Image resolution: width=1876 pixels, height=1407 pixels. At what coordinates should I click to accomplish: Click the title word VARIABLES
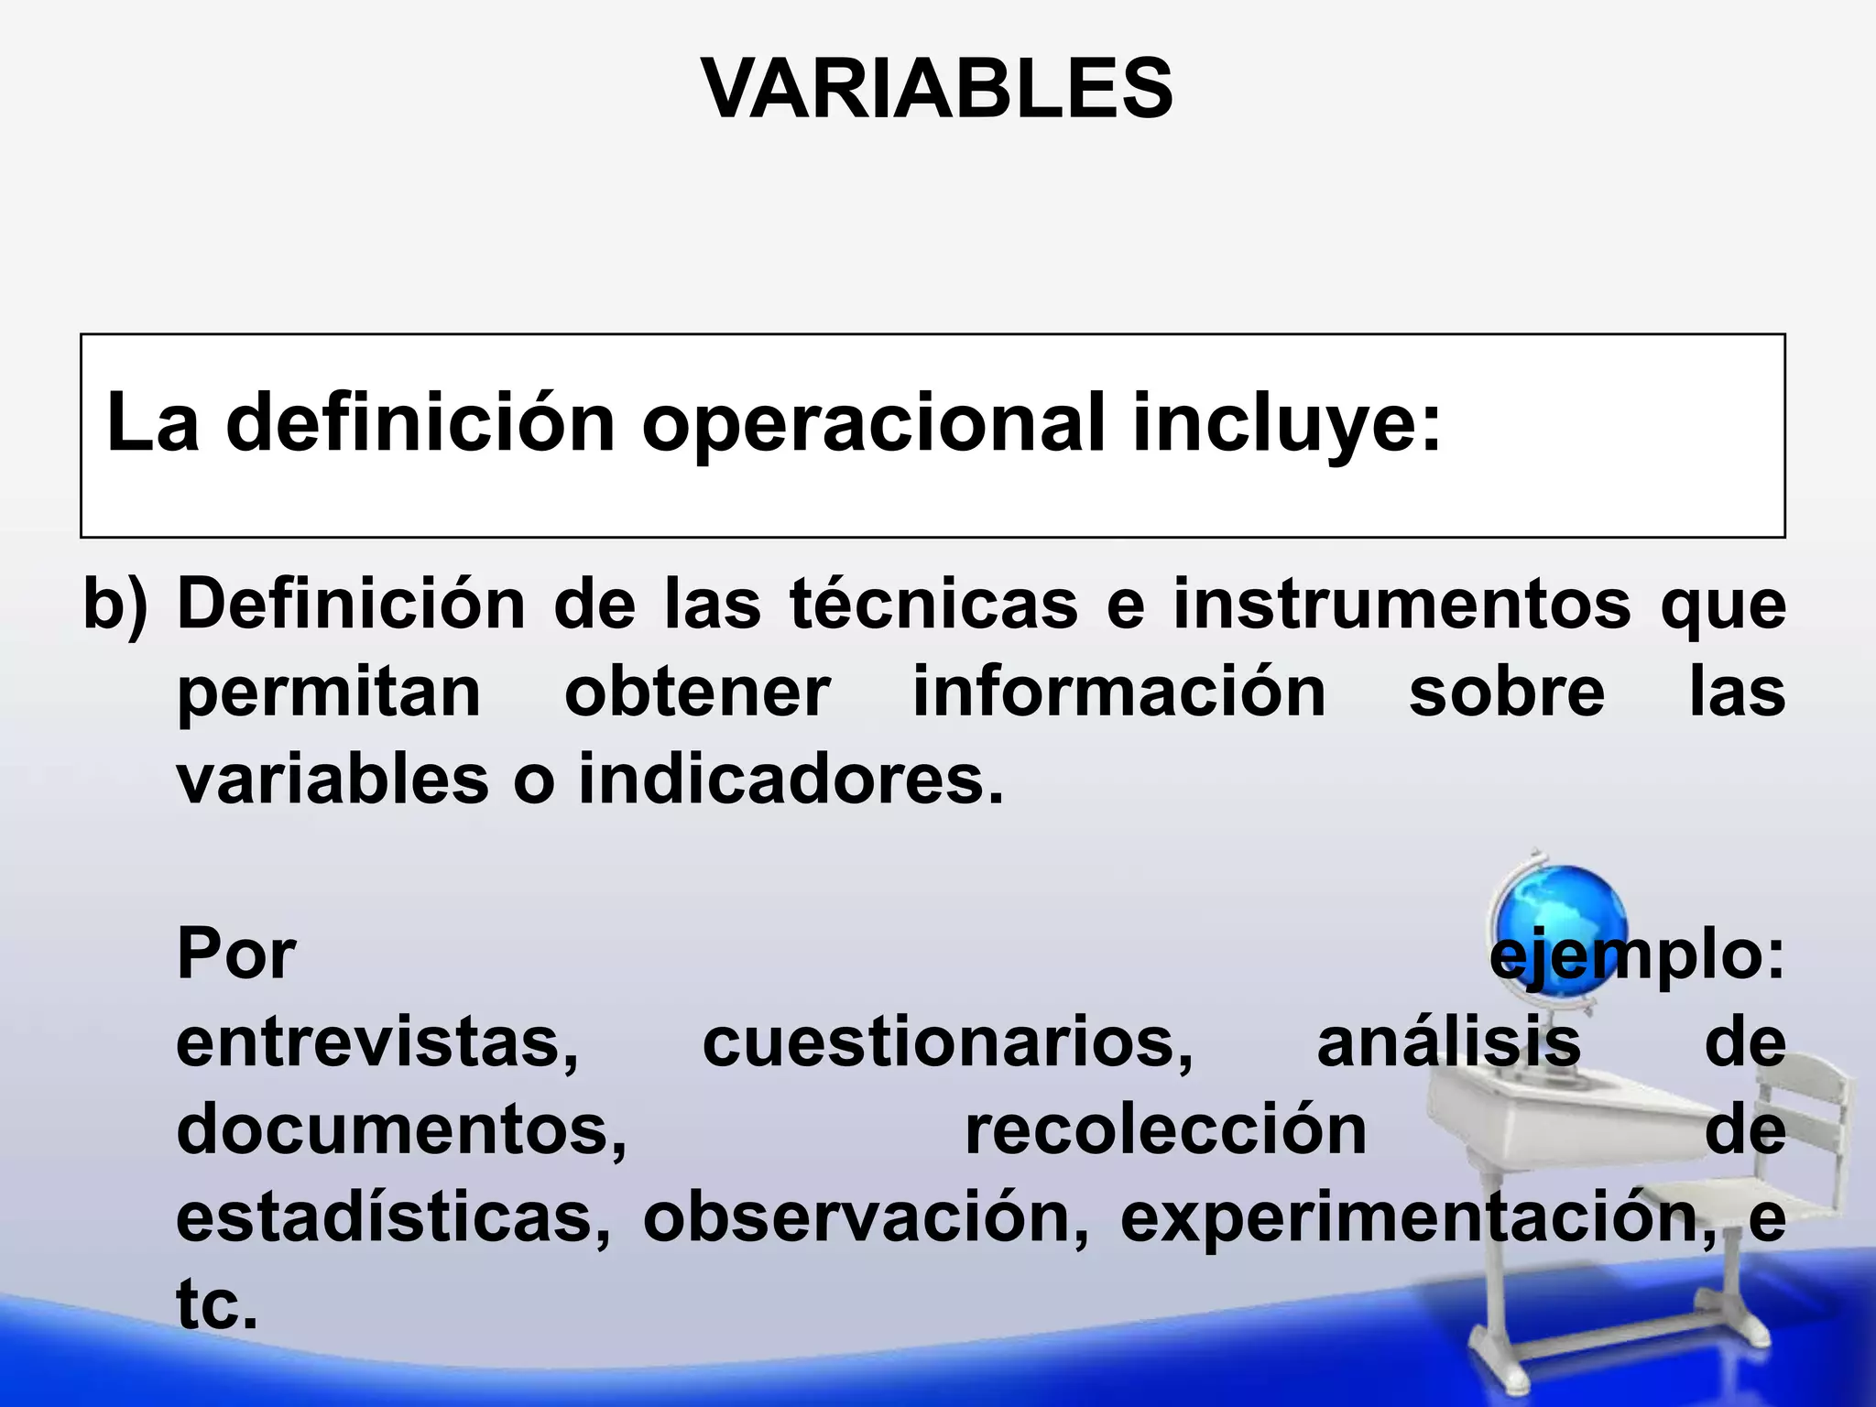coord(936,89)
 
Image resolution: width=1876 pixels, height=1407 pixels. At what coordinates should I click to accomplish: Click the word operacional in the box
coord(873,423)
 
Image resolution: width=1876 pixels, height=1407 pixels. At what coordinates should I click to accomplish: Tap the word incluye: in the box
coord(1287,423)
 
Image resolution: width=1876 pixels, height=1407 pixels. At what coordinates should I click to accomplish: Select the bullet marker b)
coord(115,605)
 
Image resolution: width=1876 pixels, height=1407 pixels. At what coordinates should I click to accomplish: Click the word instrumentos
coord(1402,604)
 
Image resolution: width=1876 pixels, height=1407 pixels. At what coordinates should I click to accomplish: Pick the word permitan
coord(329,693)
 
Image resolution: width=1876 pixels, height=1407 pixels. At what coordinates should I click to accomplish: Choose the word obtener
coord(697,692)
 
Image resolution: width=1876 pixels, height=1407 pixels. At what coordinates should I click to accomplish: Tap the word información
coord(1119,692)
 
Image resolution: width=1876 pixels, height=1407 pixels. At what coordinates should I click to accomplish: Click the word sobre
coord(1507,692)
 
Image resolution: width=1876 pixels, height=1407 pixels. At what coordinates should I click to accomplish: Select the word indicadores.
coord(791,780)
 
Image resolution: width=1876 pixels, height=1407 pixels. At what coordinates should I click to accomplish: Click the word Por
coord(236,954)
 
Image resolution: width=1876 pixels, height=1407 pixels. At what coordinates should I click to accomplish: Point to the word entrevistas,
coord(377,1042)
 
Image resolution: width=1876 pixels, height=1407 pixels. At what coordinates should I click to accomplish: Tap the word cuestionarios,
coord(948,1042)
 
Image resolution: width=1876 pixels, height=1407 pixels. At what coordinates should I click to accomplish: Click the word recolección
coord(1166,1129)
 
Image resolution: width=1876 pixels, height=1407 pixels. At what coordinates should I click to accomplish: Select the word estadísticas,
coord(394,1217)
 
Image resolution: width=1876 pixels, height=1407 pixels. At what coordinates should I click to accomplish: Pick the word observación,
coord(867,1217)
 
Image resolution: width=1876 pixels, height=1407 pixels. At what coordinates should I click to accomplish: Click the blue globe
coord(1557,921)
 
